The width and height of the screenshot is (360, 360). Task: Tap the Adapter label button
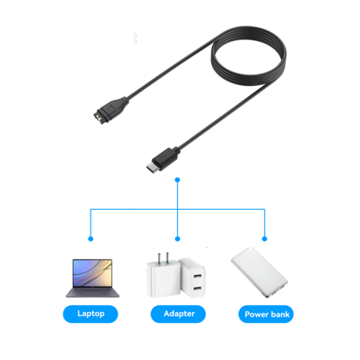(x=178, y=314)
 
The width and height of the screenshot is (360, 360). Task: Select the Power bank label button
(x=266, y=314)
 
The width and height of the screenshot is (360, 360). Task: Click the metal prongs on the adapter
(x=162, y=257)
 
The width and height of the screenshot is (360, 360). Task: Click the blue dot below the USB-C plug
(x=178, y=180)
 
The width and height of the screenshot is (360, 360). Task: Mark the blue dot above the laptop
(x=91, y=239)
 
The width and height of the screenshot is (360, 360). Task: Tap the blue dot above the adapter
(x=178, y=239)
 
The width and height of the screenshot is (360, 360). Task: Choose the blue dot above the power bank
(x=265, y=239)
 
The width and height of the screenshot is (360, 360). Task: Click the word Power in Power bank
(x=256, y=314)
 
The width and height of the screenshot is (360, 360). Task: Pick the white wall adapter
(x=177, y=279)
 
